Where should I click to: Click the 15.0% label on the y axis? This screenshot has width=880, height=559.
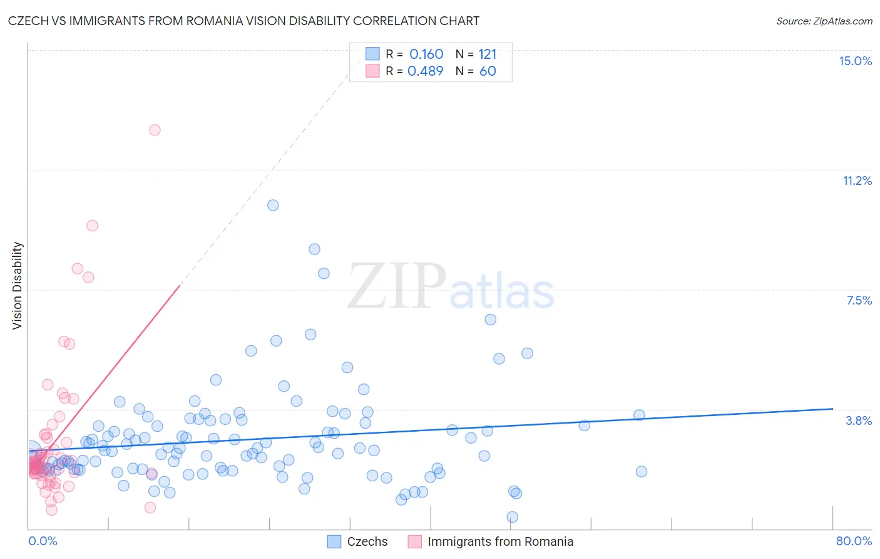pyautogui.click(x=855, y=61)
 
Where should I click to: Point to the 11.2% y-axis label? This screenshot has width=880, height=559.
pyautogui.click(x=857, y=180)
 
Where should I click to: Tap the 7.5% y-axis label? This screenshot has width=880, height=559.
pyautogui.click(x=859, y=300)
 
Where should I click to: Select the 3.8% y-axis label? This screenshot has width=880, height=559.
pyautogui.click(x=859, y=421)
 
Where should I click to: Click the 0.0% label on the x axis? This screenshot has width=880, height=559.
pyautogui.click(x=43, y=541)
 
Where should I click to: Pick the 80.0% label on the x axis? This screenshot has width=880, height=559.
pyautogui.click(x=854, y=541)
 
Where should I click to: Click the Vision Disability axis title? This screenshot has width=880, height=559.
pyautogui.click(x=18, y=285)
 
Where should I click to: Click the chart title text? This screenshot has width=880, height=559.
pyautogui.click(x=243, y=21)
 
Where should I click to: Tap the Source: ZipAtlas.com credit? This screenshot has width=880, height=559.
pyautogui.click(x=824, y=21)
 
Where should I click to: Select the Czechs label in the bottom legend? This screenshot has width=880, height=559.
pyautogui.click(x=367, y=541)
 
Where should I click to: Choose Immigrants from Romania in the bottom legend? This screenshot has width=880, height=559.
pyautogui.click(x=500, y=541)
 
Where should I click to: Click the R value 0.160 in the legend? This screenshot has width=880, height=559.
pyautogui.click(x=426, y=55)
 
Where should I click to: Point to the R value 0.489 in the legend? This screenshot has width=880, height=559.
pyautogui.click(x=426, y=71)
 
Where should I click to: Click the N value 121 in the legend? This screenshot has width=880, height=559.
pyautogui.click(x=487, y=55)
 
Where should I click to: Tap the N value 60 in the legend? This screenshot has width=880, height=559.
pyautogui.click(x=488, y=71)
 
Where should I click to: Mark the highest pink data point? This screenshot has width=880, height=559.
pyautogui.click(x=155, y=130)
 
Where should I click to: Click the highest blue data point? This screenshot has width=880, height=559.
pyautogui.click(x=273, y=205)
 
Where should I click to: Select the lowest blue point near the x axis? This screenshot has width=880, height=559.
pyautogui.click(x=512, y=517)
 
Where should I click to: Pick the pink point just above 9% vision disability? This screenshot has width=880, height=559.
pyautogui.click(x=92, y=226)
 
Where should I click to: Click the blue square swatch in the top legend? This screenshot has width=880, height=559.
pyautogui.click(x=372, y=54)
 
